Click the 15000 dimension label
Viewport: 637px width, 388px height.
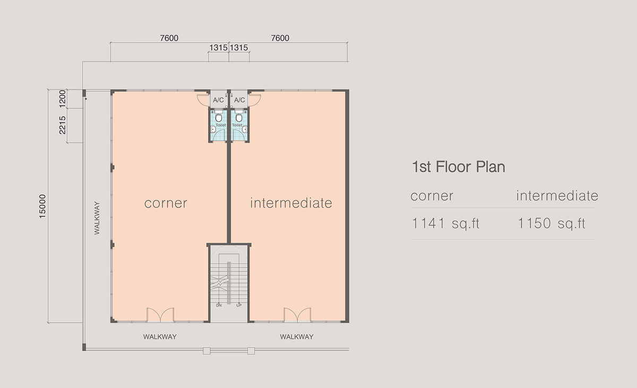[42, 206]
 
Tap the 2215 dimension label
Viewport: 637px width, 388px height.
[62, 125]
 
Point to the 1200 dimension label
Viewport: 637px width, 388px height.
[62, 99]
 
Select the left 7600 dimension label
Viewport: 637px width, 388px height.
[169, 38]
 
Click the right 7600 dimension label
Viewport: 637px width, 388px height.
[280, 38]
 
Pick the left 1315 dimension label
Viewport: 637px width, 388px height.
[218, 48]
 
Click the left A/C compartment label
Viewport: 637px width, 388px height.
[218, 100]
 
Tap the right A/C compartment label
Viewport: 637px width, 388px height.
[239, 100]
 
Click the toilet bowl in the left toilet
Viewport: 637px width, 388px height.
[219, 117]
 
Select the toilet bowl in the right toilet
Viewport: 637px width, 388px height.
[239, 117]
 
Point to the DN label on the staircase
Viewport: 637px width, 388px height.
[219, 305]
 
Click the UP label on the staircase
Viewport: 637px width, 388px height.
[239, 305]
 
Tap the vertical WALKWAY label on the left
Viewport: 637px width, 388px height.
[97, 218]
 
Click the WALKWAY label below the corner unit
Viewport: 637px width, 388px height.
[160, 337]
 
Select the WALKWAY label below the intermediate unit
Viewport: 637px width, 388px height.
[297, 337]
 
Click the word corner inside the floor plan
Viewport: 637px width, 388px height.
[166, 204]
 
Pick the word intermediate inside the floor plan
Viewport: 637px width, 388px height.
[291, 203]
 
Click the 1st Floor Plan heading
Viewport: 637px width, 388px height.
[459, 167]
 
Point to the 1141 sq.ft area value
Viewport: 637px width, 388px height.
[445, 223]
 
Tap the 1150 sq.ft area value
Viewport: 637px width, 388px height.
[551, 223]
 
